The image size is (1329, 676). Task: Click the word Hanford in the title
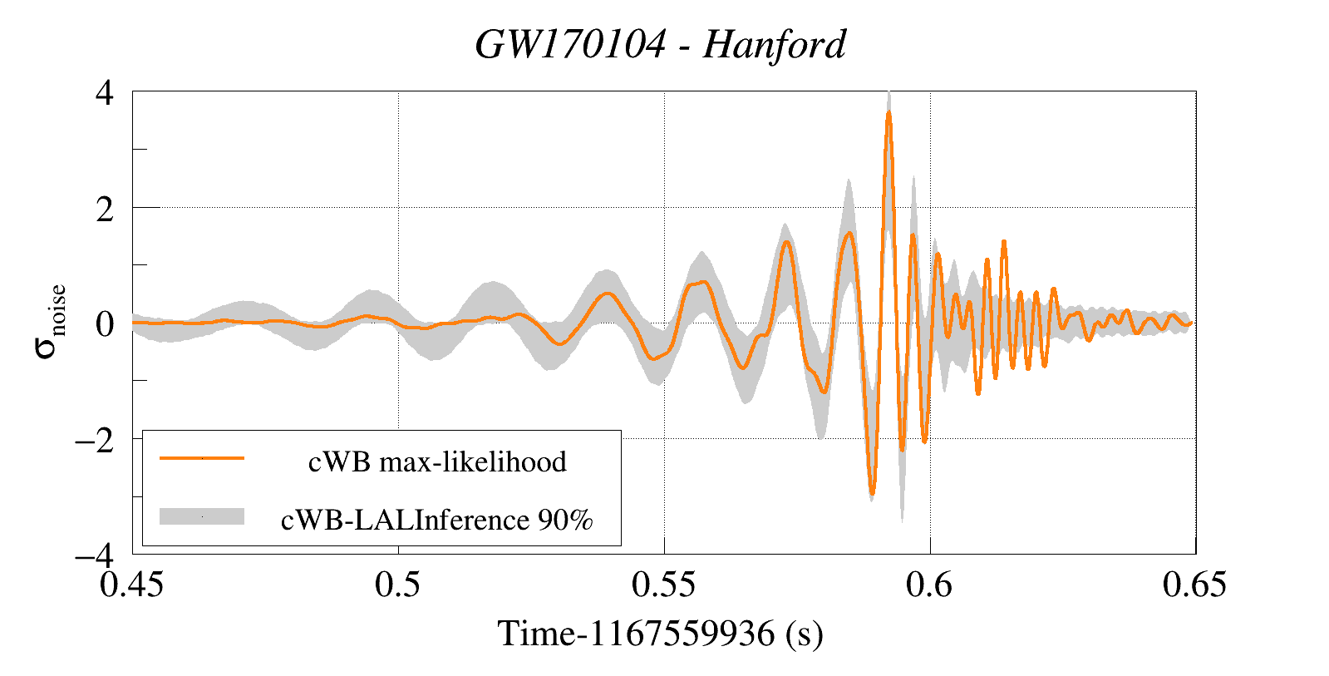775,45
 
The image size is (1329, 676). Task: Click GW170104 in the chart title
570,45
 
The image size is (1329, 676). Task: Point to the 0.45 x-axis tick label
131,585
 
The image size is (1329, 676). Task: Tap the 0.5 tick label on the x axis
397,585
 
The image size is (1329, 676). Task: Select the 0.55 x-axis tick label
663,585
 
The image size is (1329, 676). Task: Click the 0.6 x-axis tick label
929,585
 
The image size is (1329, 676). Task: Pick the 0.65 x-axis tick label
1194,585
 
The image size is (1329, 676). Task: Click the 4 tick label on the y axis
105,92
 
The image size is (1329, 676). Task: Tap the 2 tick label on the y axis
105,209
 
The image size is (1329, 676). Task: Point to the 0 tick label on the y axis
105,323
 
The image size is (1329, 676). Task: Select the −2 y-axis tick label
94,440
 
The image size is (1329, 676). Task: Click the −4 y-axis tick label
94,555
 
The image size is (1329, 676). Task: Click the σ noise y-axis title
50,322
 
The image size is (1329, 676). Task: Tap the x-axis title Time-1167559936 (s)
661,634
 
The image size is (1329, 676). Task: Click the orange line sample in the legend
202,458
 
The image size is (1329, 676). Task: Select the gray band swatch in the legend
202,516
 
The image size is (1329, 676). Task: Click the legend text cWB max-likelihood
437,461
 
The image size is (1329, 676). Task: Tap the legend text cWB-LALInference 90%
437,520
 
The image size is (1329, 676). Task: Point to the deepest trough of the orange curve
872,493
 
